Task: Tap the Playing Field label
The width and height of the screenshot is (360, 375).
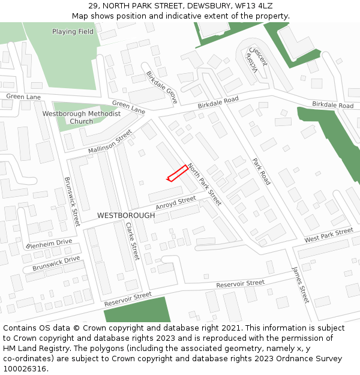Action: pos(73,32)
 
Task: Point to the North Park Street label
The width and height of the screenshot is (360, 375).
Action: pos(204,184)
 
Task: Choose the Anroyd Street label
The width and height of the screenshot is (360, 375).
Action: pos(176,203)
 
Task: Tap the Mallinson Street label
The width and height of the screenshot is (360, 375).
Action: pos(110,140)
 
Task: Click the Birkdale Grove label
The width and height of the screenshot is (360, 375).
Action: pos(161,88)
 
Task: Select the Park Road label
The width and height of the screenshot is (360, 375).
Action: pos(262,172)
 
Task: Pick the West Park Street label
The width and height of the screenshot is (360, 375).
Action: pos(328,235)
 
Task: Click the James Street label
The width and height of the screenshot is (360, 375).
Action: pos(300,284)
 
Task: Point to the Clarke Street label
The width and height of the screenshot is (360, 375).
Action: pos(132,241)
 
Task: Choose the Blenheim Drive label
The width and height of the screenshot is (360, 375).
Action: pos(49,243)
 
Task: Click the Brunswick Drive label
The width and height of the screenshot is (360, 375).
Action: pos(56,263)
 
